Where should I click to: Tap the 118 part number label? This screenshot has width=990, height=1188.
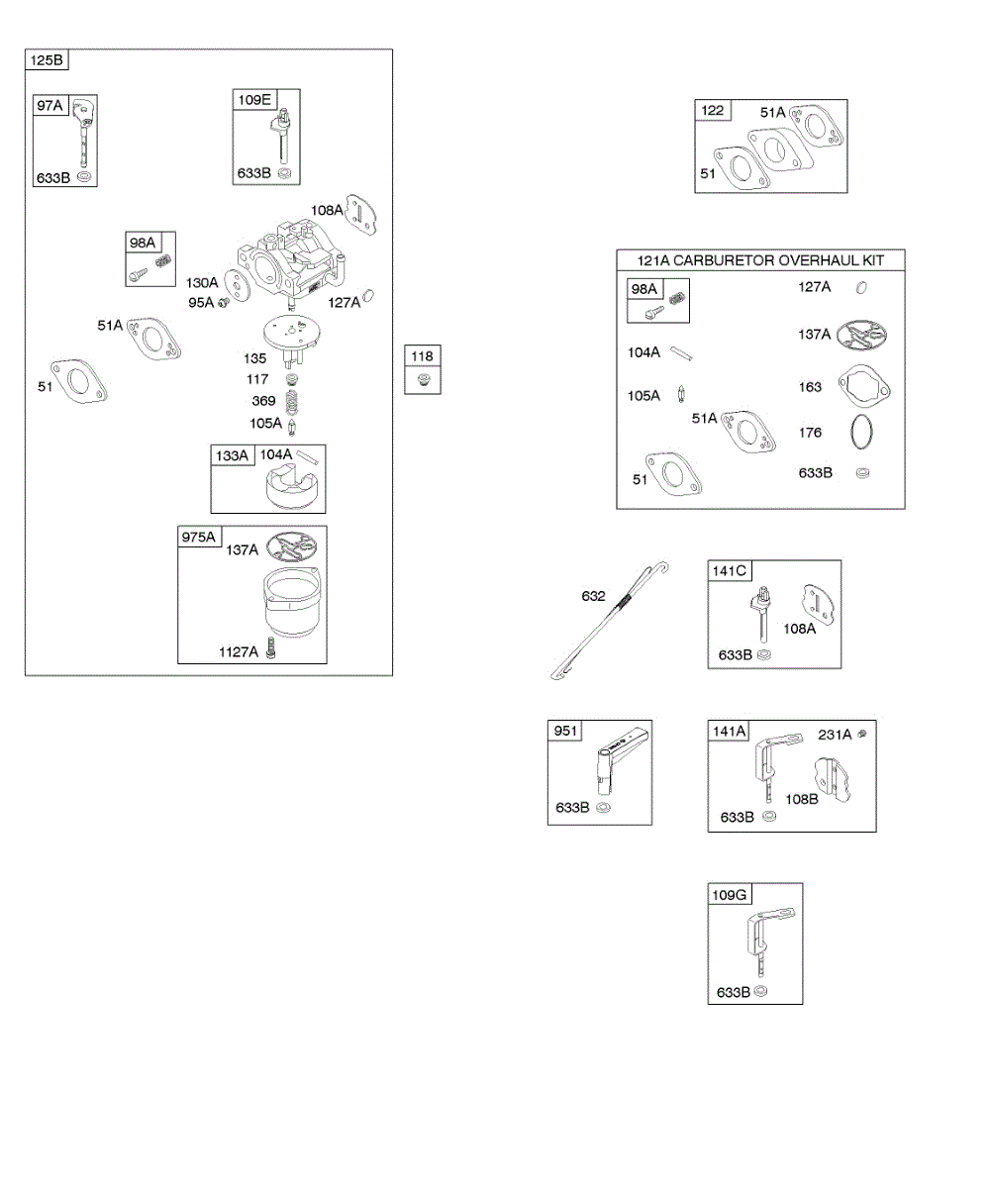pyautogui.click(x=423, y=356)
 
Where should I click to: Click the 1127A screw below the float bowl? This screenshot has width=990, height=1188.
pyautogui.click(x=270, y=650)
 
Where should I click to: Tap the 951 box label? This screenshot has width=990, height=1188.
pyautogui.click(x=565, y=731)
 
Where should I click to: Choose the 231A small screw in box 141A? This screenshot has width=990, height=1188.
pyautogui.click(x=863, y=733)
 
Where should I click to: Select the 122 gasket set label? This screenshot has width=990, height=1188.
pyautogui.click(x=713, y=110)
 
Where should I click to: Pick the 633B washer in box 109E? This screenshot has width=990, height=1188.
pyautogui.click(x=285, y=173)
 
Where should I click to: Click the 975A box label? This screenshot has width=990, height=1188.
pyautogui.click(x=198, y=537)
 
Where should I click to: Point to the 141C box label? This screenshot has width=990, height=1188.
pyautogui.click(x=730, y=570)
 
